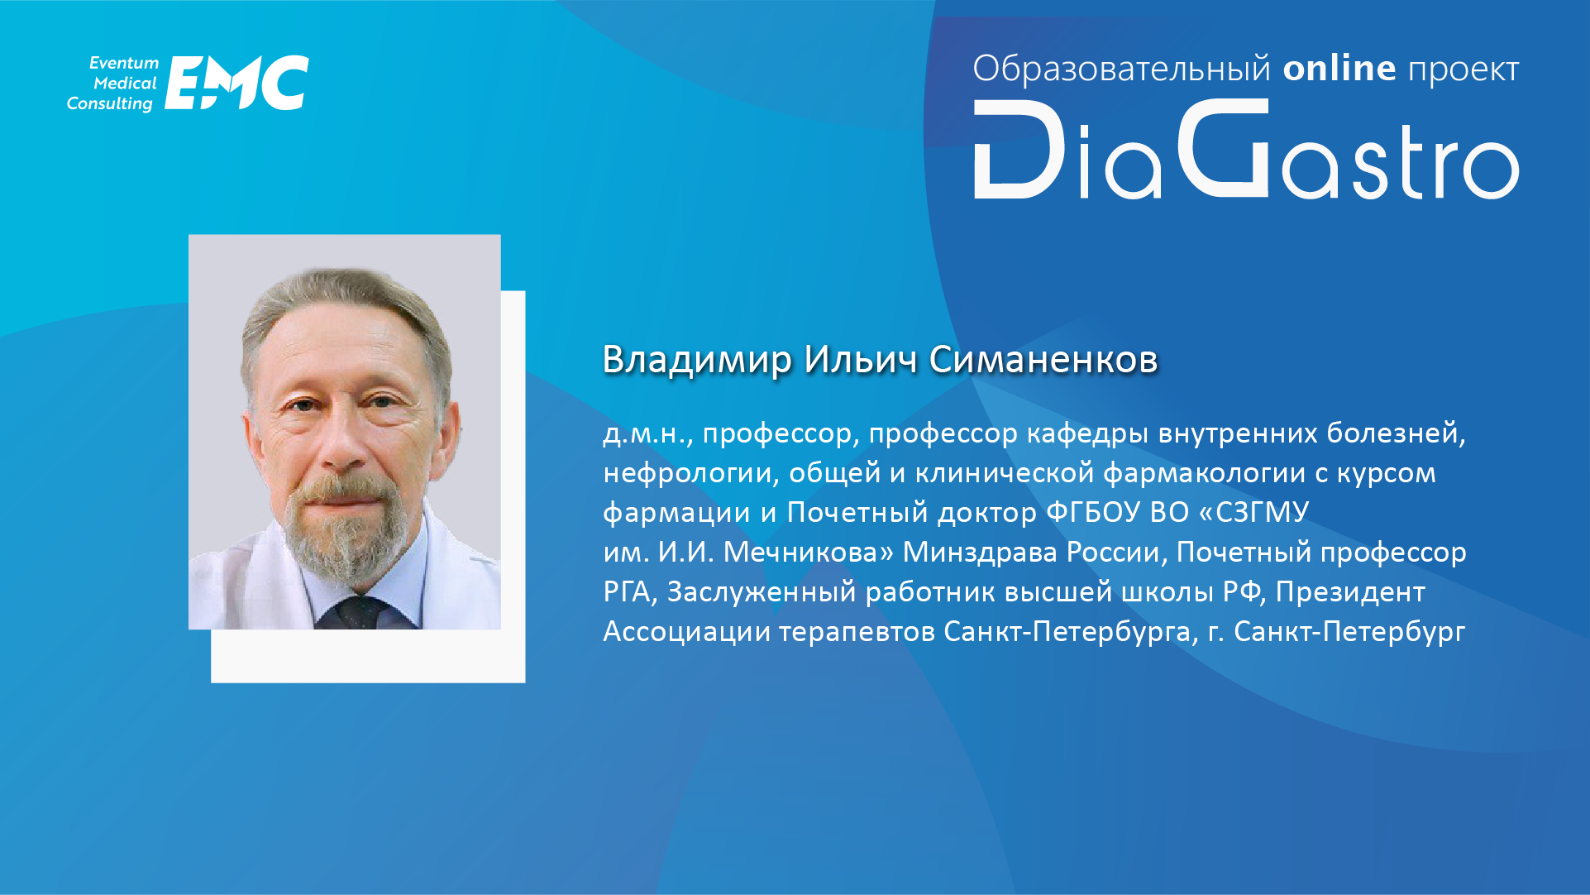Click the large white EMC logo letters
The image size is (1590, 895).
236,83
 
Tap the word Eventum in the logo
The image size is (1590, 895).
124,63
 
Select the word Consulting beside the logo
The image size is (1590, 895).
110,104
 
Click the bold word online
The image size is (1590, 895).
1339,68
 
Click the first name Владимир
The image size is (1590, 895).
697,360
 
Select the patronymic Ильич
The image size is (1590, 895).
861,359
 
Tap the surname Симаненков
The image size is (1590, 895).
1043,360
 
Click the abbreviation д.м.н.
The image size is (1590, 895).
645,433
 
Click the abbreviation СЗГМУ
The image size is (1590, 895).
1263,512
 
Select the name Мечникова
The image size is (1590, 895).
808,552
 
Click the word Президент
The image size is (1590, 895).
1350,591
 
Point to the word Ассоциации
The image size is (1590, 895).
687,631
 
